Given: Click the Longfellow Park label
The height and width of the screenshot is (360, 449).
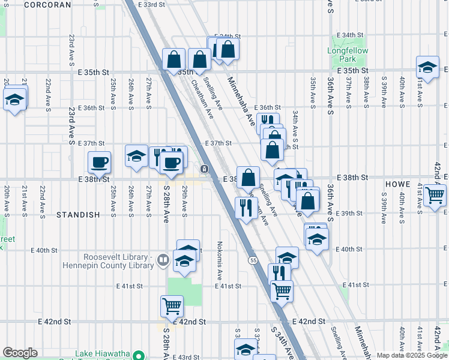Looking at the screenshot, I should coord(343,55).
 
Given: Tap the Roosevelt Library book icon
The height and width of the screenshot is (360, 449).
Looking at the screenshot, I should coord(163,260).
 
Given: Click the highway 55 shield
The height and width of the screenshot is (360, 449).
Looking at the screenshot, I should coord(254,260).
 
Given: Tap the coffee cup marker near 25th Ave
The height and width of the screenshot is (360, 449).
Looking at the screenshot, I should coord(100,162).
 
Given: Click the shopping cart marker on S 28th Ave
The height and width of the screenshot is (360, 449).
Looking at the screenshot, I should coord(172,306).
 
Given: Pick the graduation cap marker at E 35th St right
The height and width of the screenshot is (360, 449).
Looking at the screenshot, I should coord(427,67).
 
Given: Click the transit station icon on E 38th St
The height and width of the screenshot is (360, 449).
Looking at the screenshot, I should coord(205,169).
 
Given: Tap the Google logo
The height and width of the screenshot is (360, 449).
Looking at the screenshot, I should coord(20,353).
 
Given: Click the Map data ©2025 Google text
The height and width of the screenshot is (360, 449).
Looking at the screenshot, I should coord(412,355).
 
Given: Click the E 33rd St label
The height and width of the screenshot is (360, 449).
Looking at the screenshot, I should coord(151,4).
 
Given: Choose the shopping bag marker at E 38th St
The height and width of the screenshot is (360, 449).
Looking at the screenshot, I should coord(248,178).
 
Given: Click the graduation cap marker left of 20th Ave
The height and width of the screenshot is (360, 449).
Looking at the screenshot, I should coord(14,100).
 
